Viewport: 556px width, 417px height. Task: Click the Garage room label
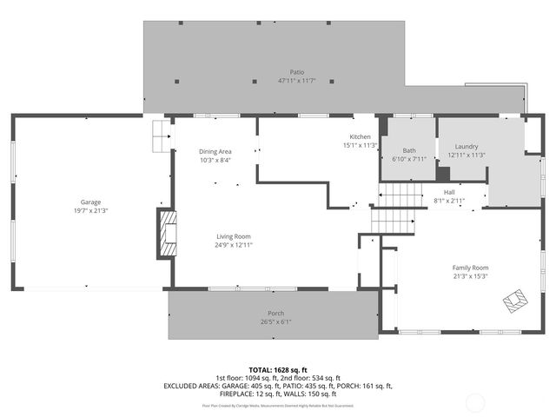pos(91,202)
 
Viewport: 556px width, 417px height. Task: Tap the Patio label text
pos(297,72)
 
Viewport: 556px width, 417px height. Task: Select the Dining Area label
pos(215,151)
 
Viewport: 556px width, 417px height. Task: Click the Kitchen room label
pos(361,137)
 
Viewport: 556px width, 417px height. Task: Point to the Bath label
pos(410,150)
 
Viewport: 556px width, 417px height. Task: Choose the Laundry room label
pos(467,147)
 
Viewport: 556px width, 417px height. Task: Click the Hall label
pos(449,192)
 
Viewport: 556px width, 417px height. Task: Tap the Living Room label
pos(234,236)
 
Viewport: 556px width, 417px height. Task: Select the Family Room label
pos(470,268)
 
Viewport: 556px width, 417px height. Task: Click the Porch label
pos(275,313)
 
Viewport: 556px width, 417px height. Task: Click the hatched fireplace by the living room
pos(165,233)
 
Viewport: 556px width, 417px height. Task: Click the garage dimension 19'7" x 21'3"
pos(91,210)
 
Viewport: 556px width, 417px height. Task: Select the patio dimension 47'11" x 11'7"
pos(297,81)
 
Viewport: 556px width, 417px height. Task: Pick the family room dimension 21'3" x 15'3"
pos(470,276)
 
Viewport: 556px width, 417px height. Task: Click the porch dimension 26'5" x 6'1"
pos(275,321)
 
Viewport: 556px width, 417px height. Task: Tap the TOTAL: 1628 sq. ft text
pos(278,369)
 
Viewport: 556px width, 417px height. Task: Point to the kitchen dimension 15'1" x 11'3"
pos(361,146)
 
